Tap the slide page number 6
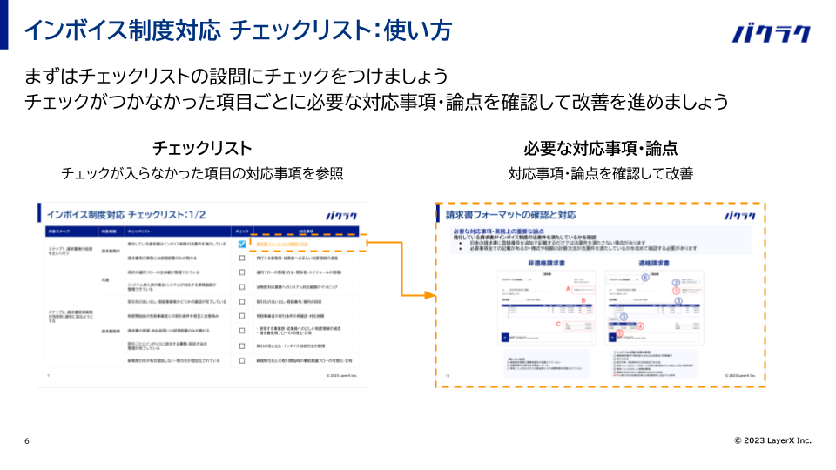click(27, 441)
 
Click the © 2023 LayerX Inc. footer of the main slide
click(772, 440)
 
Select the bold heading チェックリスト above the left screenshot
click(202, 148)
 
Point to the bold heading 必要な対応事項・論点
click(601, 148)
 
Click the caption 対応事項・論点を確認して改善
click(601, 174)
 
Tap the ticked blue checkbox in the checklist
click(241, 245)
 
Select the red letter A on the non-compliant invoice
click(568, 288)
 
